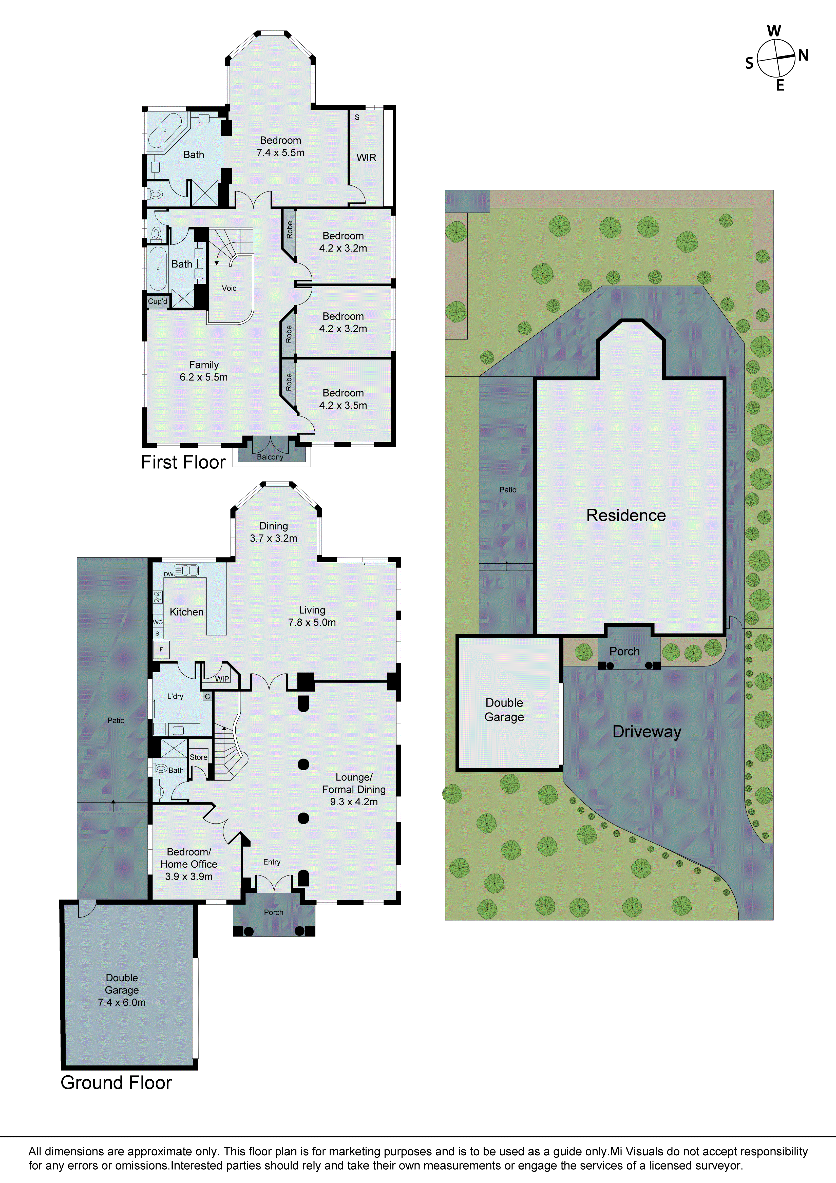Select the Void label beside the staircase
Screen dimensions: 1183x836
pyautogui.click(x=229, y=288)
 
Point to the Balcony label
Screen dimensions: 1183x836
pyautogui.click(x=270, y=457)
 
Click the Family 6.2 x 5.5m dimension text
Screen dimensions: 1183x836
pyautogui.click(x=204, y=377)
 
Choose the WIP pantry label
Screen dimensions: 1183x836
pyautogui.click(x=222, y=679)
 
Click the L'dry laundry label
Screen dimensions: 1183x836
pyautogui.click(x=175, y=696)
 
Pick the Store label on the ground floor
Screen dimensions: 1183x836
pyautogui.click(x=198, y=757)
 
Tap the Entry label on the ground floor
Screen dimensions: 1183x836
pyautogui.click(x=272, y=862)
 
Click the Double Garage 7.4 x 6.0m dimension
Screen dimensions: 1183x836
pyautogui.click(x=122, y=1002)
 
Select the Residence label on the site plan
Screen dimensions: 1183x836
pyautogui.click(x=626, y=515)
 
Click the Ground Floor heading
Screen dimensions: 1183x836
pyautogui.click(x=116, y=1082)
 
